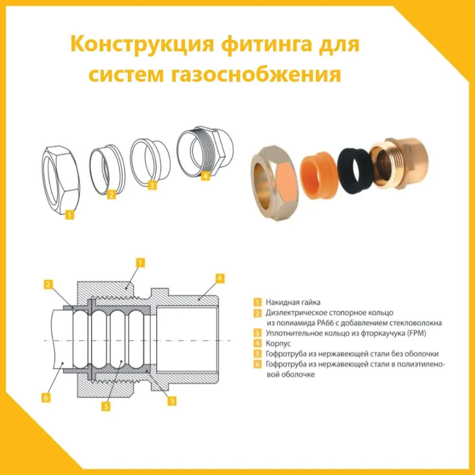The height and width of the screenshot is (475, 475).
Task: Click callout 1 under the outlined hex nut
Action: [69, 215]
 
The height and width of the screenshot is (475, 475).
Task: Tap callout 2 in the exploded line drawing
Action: [111, 194]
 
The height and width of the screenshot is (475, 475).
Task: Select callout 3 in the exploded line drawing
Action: [152, 186]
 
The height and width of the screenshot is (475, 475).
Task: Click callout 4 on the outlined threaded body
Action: [205, 176]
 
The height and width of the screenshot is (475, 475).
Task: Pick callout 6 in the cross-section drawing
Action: [46, 398]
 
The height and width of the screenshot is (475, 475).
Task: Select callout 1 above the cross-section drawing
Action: [140, 262]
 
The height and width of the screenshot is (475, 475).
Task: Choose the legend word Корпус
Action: [276, 343]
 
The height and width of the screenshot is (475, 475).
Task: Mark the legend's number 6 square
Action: [256, 364]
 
